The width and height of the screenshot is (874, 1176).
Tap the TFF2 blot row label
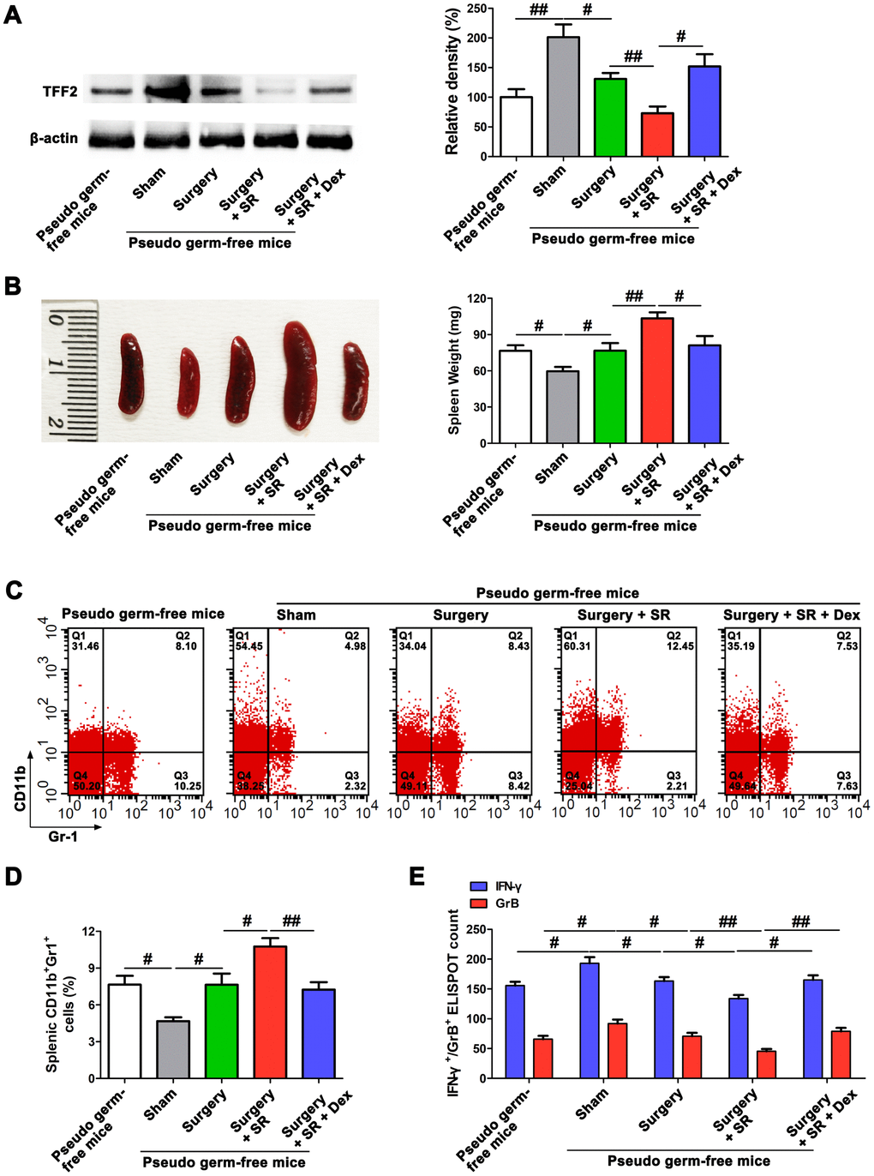(60, 91)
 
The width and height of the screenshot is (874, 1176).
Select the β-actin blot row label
(54, 138)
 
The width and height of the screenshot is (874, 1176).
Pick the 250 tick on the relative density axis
(477, 9)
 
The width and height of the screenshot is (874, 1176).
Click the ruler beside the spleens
(70, 371)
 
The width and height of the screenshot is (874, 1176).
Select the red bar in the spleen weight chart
(656, 381)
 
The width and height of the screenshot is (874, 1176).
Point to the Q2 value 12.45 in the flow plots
(680, 646)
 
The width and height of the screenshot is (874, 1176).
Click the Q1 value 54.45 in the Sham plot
(249, 646)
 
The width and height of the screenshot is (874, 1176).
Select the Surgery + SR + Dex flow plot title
(791, 615)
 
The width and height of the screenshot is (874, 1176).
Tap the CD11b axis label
(20, 789)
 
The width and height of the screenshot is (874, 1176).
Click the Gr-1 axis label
(63, 836)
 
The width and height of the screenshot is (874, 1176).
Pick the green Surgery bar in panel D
(221, 1031)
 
